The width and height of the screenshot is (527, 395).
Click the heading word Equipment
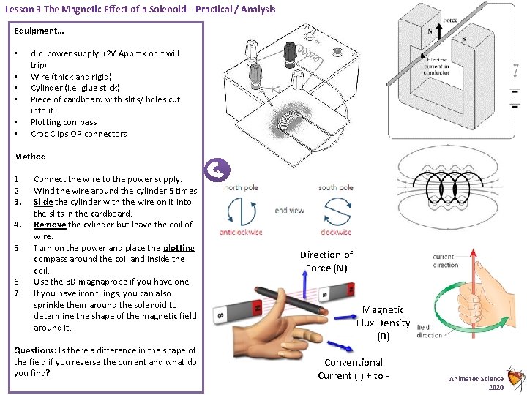coord(34,31)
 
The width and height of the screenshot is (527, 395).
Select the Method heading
coord(30,156)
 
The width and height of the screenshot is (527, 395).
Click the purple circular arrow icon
coord(219,170)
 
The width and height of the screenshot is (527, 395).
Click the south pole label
coord(335,188)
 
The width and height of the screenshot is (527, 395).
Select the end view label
coord(289,210)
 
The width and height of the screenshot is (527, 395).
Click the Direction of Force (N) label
coord(326,261)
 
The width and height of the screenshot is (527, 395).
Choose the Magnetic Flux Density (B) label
coord(383,323)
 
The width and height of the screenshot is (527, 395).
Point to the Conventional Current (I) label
coord(354,369)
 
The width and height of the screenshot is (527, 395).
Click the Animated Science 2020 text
coord(476,382)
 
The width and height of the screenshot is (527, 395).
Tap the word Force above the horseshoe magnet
coord(450,20)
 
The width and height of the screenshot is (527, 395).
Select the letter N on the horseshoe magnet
coord(430,31)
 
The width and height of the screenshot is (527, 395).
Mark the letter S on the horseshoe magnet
coord(463,39)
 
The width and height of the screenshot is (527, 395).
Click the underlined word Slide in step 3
coord(44,201)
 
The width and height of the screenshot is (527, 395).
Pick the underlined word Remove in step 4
coord(50,225)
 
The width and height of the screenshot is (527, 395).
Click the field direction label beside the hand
coord(429,331)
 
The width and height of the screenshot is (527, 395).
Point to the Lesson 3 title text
coord(140,9)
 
